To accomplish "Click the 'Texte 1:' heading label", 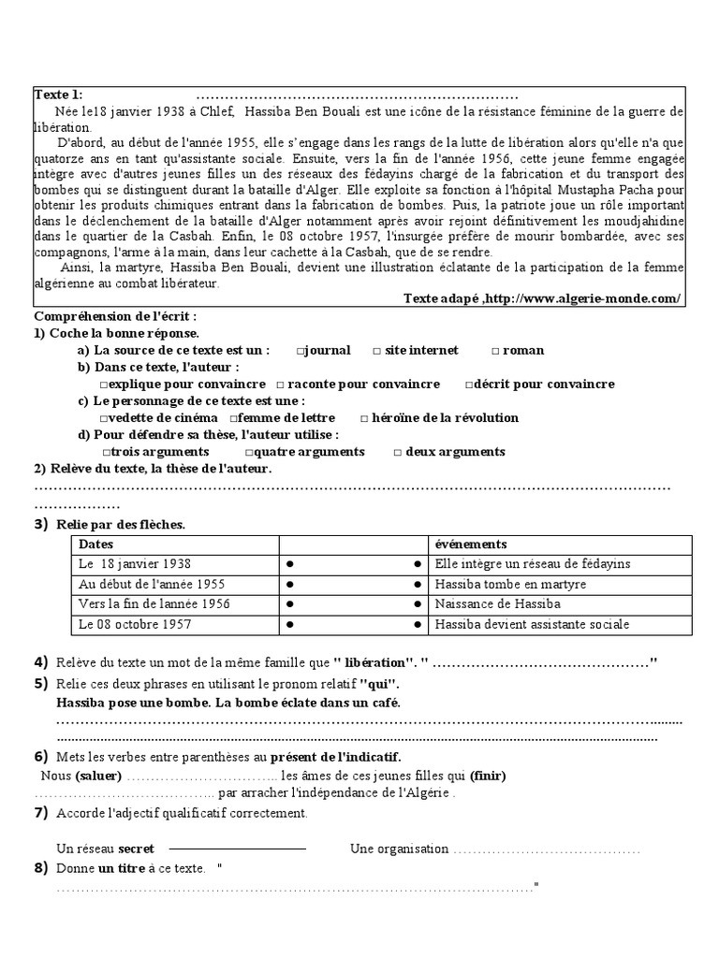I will [x=58, y=94].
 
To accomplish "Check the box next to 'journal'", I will [x=301, y=351].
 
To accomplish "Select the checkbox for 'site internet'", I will [x=377, y=351].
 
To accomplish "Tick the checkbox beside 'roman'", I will [x=496, y=351].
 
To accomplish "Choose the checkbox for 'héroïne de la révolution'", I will [x=364, y=418].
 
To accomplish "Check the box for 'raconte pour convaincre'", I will [x=280, y=385].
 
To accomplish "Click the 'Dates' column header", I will [x=95, y=544].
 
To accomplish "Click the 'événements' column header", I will [x=471, y=544].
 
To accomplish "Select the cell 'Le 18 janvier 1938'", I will [x=135, y=564].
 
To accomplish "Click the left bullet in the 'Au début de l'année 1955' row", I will [x=290, y=585].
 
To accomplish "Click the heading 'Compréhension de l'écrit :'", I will [x=115, y=317].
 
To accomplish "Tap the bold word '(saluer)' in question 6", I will [x=98, y=777].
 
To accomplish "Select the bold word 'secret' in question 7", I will [x=135, y=849].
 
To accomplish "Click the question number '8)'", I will [x=40, y=869].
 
